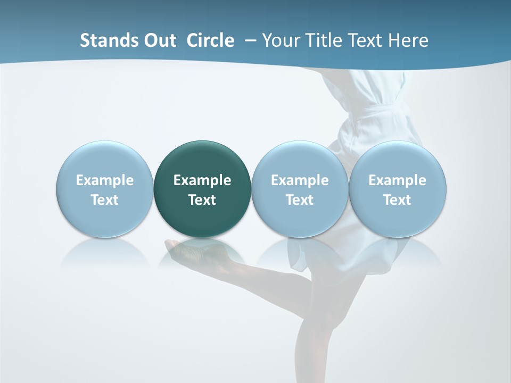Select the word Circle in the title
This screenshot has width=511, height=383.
[210, 40]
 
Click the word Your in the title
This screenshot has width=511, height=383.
[279, 40]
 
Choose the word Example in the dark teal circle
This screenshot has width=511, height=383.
[202, 180]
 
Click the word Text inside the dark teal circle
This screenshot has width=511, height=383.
[202, 200]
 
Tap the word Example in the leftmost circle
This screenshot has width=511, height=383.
[105, 180]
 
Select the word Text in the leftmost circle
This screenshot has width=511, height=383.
[105, 200]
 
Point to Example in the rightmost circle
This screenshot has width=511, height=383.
[397, 180]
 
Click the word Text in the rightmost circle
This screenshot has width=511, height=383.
[397, 200]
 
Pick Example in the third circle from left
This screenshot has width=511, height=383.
[300, 180]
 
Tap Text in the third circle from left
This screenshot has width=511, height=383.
[300, 200]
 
